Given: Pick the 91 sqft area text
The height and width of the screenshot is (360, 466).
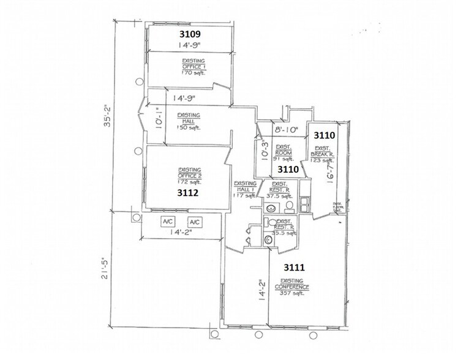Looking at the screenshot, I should [282, 157].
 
